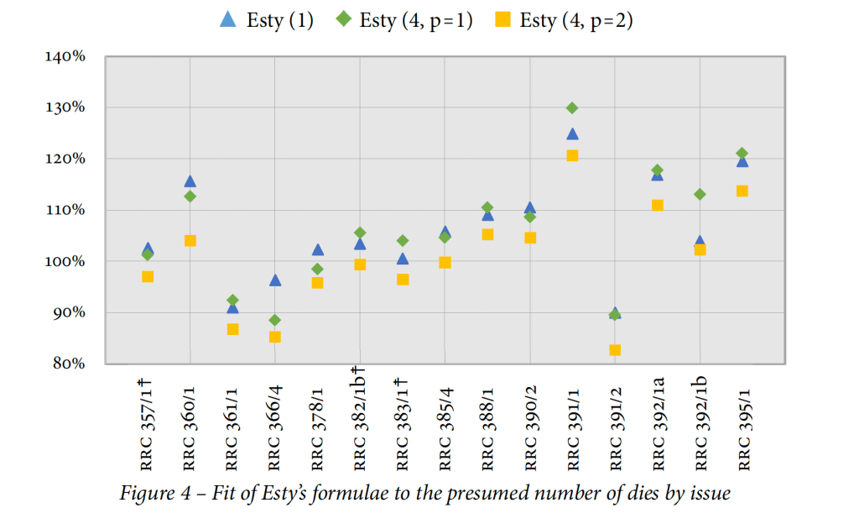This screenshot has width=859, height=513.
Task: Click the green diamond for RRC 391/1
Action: [572, 108]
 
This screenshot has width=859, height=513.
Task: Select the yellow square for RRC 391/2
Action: [615, 350]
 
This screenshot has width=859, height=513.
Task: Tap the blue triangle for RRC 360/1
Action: [190, 181]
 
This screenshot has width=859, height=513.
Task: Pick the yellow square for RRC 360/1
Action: [190, 241]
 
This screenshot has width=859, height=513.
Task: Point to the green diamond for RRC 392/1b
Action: [700, 195]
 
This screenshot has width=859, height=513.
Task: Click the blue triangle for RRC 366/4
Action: [275, 280]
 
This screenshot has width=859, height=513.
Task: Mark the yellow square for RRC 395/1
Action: [742, 191]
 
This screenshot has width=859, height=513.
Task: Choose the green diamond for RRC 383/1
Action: [403, 241]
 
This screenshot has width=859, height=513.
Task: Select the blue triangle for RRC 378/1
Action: [318, 249]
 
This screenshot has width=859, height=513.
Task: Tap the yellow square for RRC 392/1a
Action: [658, 206]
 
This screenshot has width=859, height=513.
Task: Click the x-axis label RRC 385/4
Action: [445, 424]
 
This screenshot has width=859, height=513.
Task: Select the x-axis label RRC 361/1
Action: [232, 424]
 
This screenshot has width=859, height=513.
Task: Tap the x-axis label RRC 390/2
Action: [530, 424]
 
